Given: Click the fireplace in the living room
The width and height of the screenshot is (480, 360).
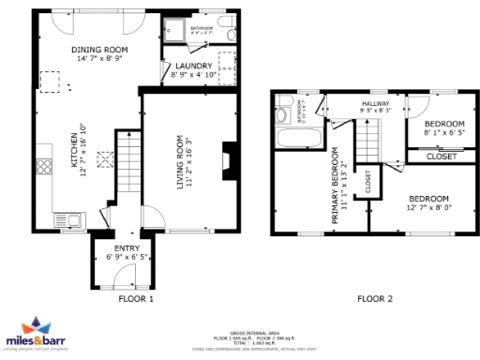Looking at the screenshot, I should click(224, 160).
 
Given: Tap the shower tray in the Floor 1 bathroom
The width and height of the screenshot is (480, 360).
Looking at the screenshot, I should click(173, 33).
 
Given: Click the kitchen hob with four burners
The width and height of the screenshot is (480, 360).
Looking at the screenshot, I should click(44, 169).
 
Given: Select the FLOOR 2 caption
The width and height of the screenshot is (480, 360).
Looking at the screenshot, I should click(376, 299).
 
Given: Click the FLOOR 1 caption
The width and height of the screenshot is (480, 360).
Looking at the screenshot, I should click(136, 299).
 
